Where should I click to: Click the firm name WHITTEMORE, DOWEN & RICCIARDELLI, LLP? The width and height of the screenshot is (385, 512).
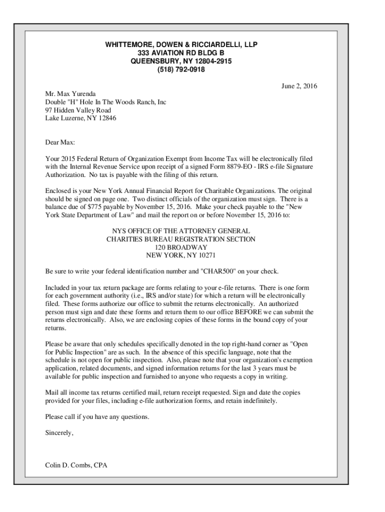point(181,45)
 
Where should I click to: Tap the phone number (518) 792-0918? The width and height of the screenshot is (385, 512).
point(181,69)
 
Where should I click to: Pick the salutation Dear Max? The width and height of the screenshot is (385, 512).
point(59,142)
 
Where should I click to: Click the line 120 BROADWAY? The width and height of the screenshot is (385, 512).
point(181,247)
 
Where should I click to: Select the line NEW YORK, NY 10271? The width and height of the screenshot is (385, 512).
point(181,255)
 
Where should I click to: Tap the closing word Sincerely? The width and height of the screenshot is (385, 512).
point(59,433)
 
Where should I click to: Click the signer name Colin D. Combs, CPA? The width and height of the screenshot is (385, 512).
point(76,465)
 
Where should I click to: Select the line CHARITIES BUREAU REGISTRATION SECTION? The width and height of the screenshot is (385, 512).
point(181,239)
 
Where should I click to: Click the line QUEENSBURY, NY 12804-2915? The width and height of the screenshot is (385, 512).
point(181,61)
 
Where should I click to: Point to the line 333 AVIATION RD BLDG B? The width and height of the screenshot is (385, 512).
point(181,53)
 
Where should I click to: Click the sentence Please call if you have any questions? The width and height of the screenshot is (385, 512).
point(97,417)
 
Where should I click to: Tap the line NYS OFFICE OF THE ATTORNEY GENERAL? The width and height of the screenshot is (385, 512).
point(181,231)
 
